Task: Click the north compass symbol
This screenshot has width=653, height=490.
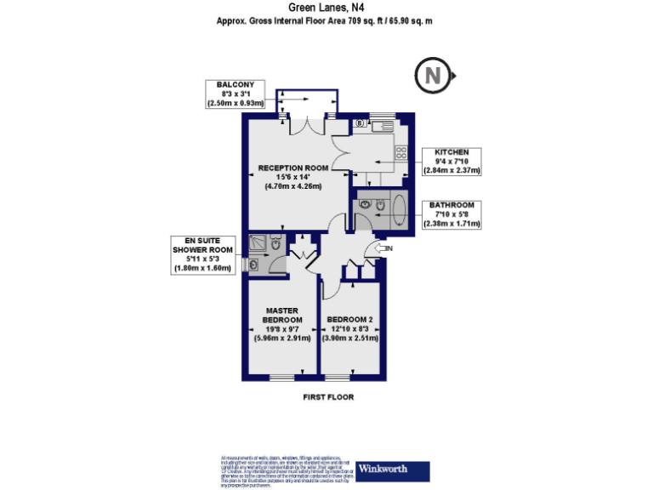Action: click(434, 76)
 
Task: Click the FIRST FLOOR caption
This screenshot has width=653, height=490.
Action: click(328, 397)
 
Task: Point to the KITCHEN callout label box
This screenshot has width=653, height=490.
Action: click(451, 161)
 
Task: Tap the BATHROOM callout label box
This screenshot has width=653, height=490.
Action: click(451, 215)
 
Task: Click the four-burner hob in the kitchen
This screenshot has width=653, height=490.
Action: click(400, 153)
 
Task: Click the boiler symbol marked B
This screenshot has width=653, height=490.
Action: click(360, 124)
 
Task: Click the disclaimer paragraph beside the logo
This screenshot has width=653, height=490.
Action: click(285, 470)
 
